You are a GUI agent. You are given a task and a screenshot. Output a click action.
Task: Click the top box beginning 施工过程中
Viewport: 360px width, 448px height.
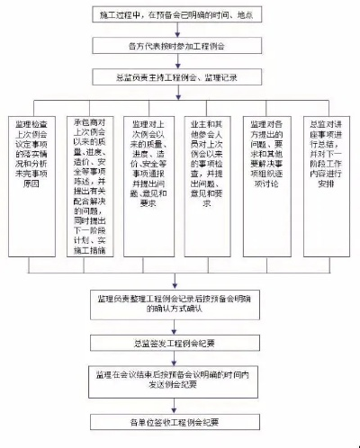(x=180, y=15)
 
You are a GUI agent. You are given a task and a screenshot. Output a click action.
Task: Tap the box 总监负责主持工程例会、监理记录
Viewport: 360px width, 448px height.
(x=180, y=79)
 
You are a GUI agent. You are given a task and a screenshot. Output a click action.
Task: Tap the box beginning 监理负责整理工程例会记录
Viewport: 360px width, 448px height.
(x=180, y=301)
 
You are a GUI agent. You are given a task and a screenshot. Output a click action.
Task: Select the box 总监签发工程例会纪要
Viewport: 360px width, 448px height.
(x=180, y=343)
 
